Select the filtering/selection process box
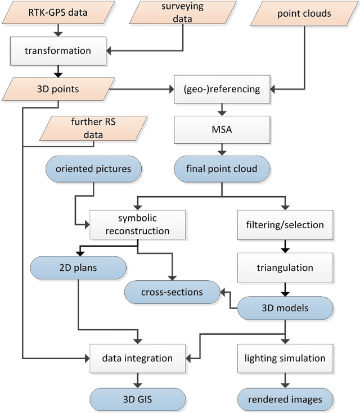pyautogui.click(x=285, y=224)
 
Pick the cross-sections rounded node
pyautogui.click(x=172, y=292)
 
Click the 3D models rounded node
pyautogui.click(x=285, y=308)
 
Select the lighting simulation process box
pyautogui.click(x=285, y=358)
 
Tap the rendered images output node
pyautogui.click(x=285, y=399)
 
